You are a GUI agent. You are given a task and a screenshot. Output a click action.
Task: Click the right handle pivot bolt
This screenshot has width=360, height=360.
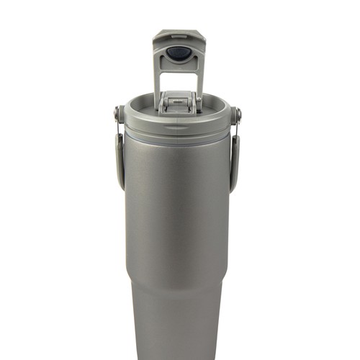[237, 113]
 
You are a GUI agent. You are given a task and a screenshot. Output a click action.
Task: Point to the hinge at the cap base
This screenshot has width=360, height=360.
[178, 101]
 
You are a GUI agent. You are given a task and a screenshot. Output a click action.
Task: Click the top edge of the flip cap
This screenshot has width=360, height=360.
[177, 32]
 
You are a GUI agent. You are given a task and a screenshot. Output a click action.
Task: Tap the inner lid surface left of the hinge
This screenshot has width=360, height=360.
[148, 106]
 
